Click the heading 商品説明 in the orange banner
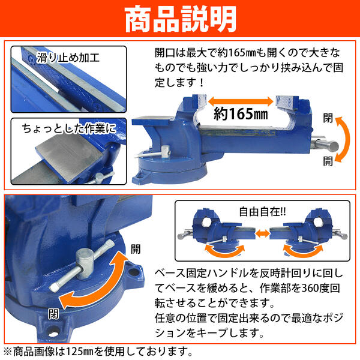[x=180, y=20]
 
